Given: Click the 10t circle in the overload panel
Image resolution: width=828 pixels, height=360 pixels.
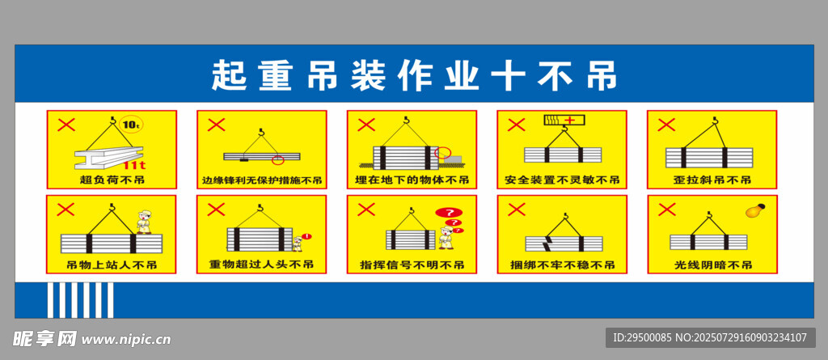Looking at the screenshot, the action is coord(130,125).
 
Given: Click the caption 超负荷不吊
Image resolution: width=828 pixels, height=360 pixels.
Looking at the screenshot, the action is coord(112,180).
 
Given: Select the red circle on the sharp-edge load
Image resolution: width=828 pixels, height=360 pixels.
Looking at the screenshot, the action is coord(278,159).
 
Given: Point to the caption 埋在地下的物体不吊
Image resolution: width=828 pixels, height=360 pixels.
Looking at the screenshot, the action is coord(412,180).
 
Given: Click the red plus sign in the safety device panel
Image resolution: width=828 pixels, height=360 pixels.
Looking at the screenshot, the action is coord(570,121).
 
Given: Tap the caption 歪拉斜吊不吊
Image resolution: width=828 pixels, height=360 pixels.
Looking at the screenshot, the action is coord(712,180).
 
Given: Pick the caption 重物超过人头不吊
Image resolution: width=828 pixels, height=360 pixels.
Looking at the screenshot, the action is coord(262,264).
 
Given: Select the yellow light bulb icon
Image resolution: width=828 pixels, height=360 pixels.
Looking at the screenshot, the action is coord(755,210).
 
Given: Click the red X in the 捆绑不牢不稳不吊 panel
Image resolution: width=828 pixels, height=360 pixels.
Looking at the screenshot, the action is coord(517,210).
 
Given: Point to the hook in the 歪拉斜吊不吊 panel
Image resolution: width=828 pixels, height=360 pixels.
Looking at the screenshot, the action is coord(716,123).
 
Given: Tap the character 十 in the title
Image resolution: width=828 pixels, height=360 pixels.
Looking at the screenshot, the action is coord(508,76).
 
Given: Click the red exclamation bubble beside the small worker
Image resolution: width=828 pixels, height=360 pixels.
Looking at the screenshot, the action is coord(309,236).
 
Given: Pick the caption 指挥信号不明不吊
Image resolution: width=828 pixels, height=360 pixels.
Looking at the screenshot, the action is coord(412,265).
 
